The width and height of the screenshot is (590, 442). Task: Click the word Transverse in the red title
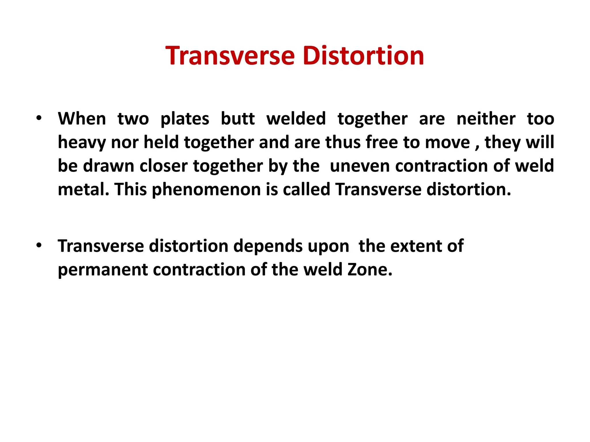(x=230, y=56)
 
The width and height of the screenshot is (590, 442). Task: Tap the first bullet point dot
(x=39, y=118)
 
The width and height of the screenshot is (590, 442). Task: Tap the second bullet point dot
(x=39, y=245)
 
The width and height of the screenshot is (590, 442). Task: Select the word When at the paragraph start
(x=82, y=119)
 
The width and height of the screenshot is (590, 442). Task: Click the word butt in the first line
(x=238, y=119)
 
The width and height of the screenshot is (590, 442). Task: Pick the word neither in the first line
(x=486, y=119)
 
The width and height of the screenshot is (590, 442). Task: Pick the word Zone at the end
(x=370, y=270)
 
